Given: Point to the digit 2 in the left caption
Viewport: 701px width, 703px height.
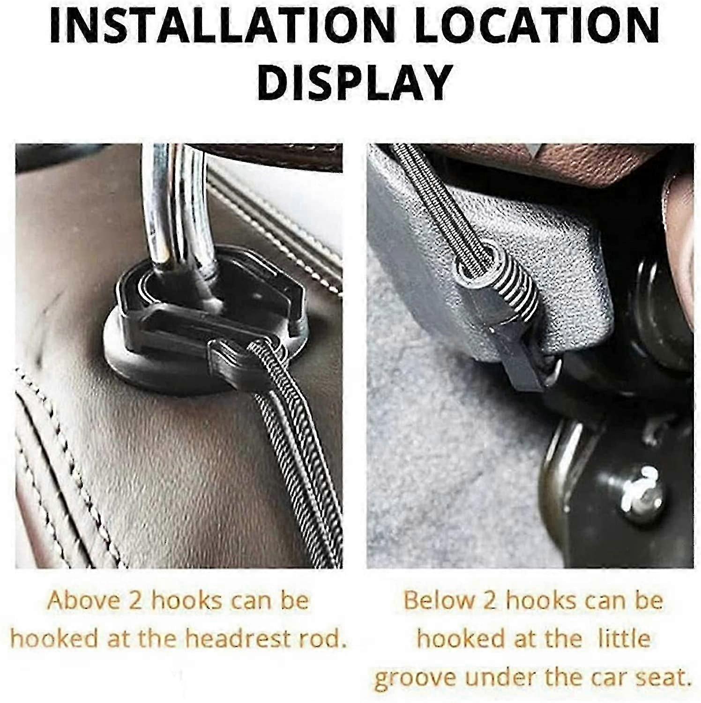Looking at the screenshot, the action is pyautogui.click(x=136, y=600).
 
